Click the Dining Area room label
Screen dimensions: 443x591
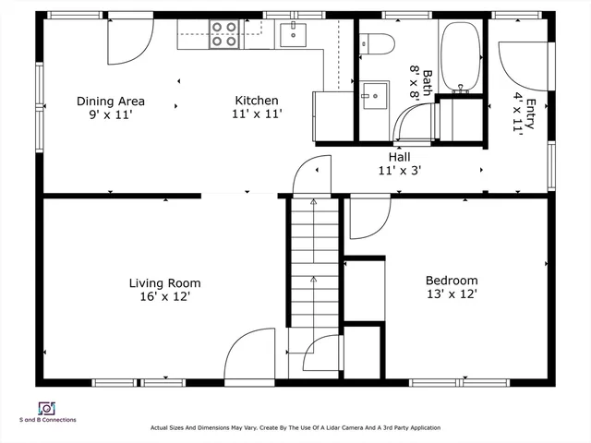(111, 102)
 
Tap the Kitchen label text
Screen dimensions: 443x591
(257, 101)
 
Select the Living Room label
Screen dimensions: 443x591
(164, 283)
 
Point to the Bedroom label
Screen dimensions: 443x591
(452, 281)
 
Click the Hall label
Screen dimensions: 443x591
(399, 157)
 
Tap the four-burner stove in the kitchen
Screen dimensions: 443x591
(223, 35)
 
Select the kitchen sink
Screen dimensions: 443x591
(293, 35)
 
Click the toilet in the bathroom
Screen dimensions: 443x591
(378, 42)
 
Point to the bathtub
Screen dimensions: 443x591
(460, 55)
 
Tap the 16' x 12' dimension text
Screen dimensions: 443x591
(164, 298)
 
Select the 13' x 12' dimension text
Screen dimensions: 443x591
(452, 295)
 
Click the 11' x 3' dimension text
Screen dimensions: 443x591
(399, 171)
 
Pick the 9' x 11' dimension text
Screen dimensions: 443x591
(111, 115)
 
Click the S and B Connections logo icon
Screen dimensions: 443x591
(46, 408)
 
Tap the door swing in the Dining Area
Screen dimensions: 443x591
(129, 42)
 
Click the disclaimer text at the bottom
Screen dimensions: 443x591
(295, 428)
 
